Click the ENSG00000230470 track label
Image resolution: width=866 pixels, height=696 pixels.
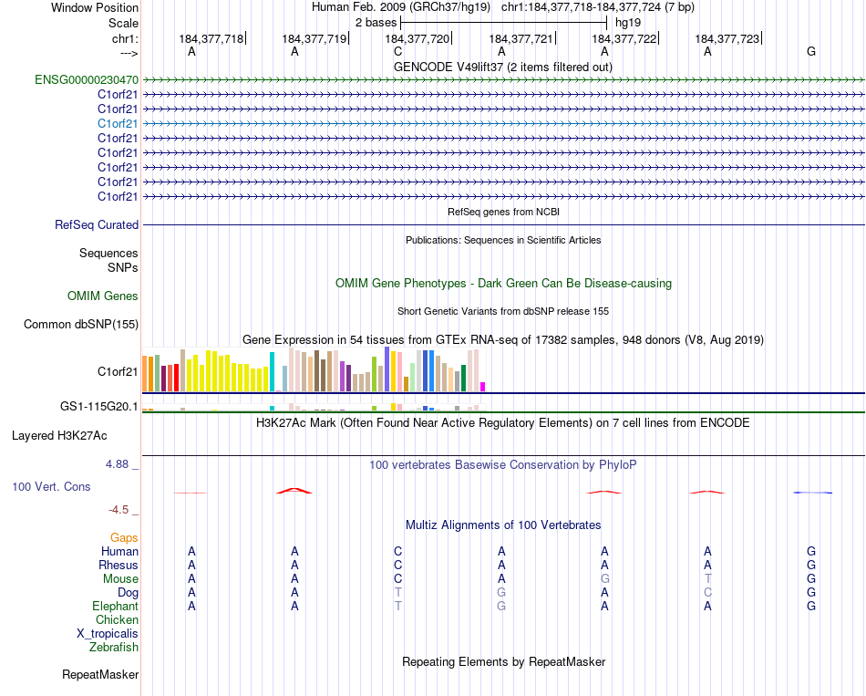pyautogui.click(x=87, y=79)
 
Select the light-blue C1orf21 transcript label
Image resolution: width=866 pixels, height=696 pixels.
pyautogui.click(x=118, y=123)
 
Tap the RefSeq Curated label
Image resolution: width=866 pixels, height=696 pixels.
pyautogui.click(x=97, y=224)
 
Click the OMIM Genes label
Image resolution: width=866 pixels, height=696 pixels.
pyautogui.click(x=103, y=296)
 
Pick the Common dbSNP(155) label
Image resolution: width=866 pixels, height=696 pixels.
pyautogui.click(x=81, y=324)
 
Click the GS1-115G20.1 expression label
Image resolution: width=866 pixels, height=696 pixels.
pyautogui.click(x=98, y=406)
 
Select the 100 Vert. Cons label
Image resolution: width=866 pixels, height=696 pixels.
pyautogui.click(x=51, y=486)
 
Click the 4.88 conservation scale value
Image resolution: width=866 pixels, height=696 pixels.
pyautogui.click(x=119, y=463)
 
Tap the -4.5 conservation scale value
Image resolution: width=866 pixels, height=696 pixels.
pyautogui.click(x=121, y=510)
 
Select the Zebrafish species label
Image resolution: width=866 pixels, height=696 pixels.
pyautogui.click(x=114, y=647)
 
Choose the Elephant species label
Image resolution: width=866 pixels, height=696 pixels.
pyautogui.click(x=115, y=606)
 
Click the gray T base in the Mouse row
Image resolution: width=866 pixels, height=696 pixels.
pyautogui.click(x=707, y=578)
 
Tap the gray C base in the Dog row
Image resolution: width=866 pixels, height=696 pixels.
pyautogui.click(x=707, y=592)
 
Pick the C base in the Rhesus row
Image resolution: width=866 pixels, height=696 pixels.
pyautogui.click(x=397, y=565)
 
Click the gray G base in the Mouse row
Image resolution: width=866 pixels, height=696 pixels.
pyautogui.click(x=604, y=578)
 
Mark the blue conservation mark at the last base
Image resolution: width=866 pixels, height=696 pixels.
pyautogui.click(x=811, y=493)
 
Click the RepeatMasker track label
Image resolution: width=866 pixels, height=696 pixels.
pyautogui.click(x=100, y=675)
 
